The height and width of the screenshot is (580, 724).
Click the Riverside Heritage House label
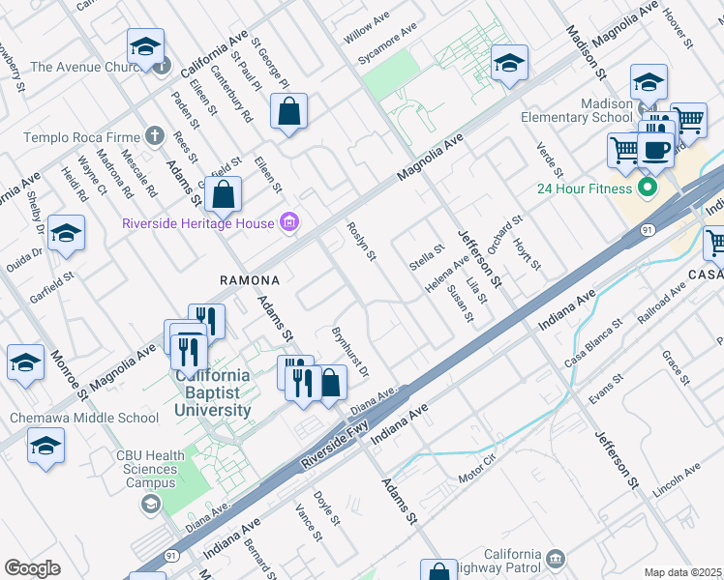(198, 224)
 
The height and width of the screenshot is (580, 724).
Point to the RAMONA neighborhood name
(250, 280)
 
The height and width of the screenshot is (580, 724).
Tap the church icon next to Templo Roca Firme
(153, 137)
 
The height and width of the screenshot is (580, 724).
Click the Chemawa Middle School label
(83, 418)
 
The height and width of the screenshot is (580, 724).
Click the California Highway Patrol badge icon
(555, 559)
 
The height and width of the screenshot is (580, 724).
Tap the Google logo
(32, 568)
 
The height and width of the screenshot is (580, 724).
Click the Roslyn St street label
(361, 242)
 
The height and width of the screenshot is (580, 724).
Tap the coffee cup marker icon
(655, 150)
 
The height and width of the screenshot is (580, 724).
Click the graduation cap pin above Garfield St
(66, 233)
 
